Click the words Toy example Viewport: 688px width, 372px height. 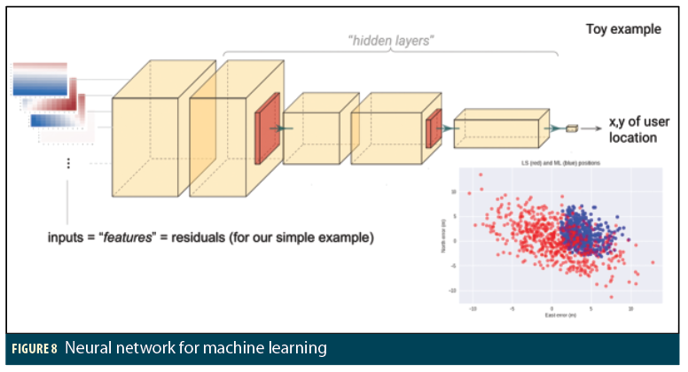[623, 29]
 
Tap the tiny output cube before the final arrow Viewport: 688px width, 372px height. [572, 128]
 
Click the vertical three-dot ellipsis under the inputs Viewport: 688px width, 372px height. [68, 164]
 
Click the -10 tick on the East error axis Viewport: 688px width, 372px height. [473, 308]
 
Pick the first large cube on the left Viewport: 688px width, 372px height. [146, 133]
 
